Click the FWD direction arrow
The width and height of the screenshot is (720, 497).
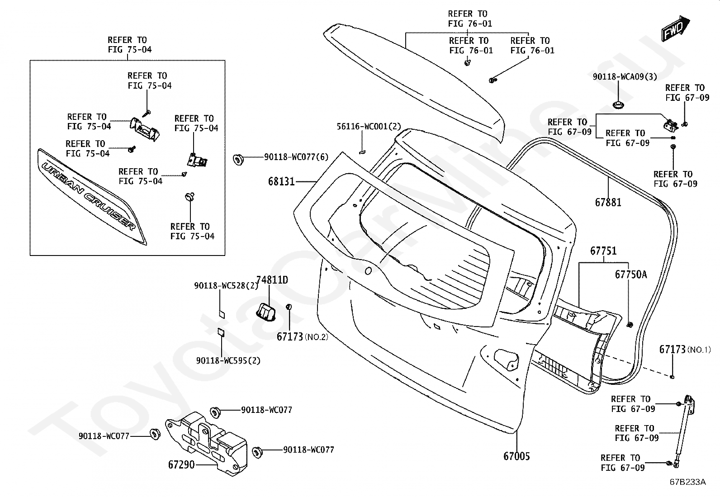click(675, 28)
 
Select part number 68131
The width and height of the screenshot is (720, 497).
click(282, 182)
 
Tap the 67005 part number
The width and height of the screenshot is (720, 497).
click(516, 456)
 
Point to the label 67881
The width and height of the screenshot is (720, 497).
click(608, 202)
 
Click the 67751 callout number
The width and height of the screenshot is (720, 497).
click(603, 251)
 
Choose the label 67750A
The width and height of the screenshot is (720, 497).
click(631, 274)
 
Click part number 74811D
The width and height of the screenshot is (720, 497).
click(272, 279)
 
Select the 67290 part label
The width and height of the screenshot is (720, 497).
click(181, 464)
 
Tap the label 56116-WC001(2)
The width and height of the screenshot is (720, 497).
click(369, 126)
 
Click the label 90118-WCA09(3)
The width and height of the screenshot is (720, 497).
click(625, 76)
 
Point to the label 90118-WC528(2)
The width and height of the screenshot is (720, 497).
click(226, 285)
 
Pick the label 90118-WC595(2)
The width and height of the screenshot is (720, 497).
click(228, 360)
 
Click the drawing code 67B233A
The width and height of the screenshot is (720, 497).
click(688, 482)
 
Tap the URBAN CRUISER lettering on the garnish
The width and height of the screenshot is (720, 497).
click(89, 196)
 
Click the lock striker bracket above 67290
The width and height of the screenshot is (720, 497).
click(206, 443)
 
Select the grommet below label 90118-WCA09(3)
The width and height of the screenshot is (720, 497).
click(617, 105)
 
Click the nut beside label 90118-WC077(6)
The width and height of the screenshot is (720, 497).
click(238, 159)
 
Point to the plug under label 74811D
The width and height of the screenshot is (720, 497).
click(266, 312)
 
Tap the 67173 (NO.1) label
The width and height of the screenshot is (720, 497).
click(685, 349)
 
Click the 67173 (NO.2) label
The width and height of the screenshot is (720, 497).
click(303, 336)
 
